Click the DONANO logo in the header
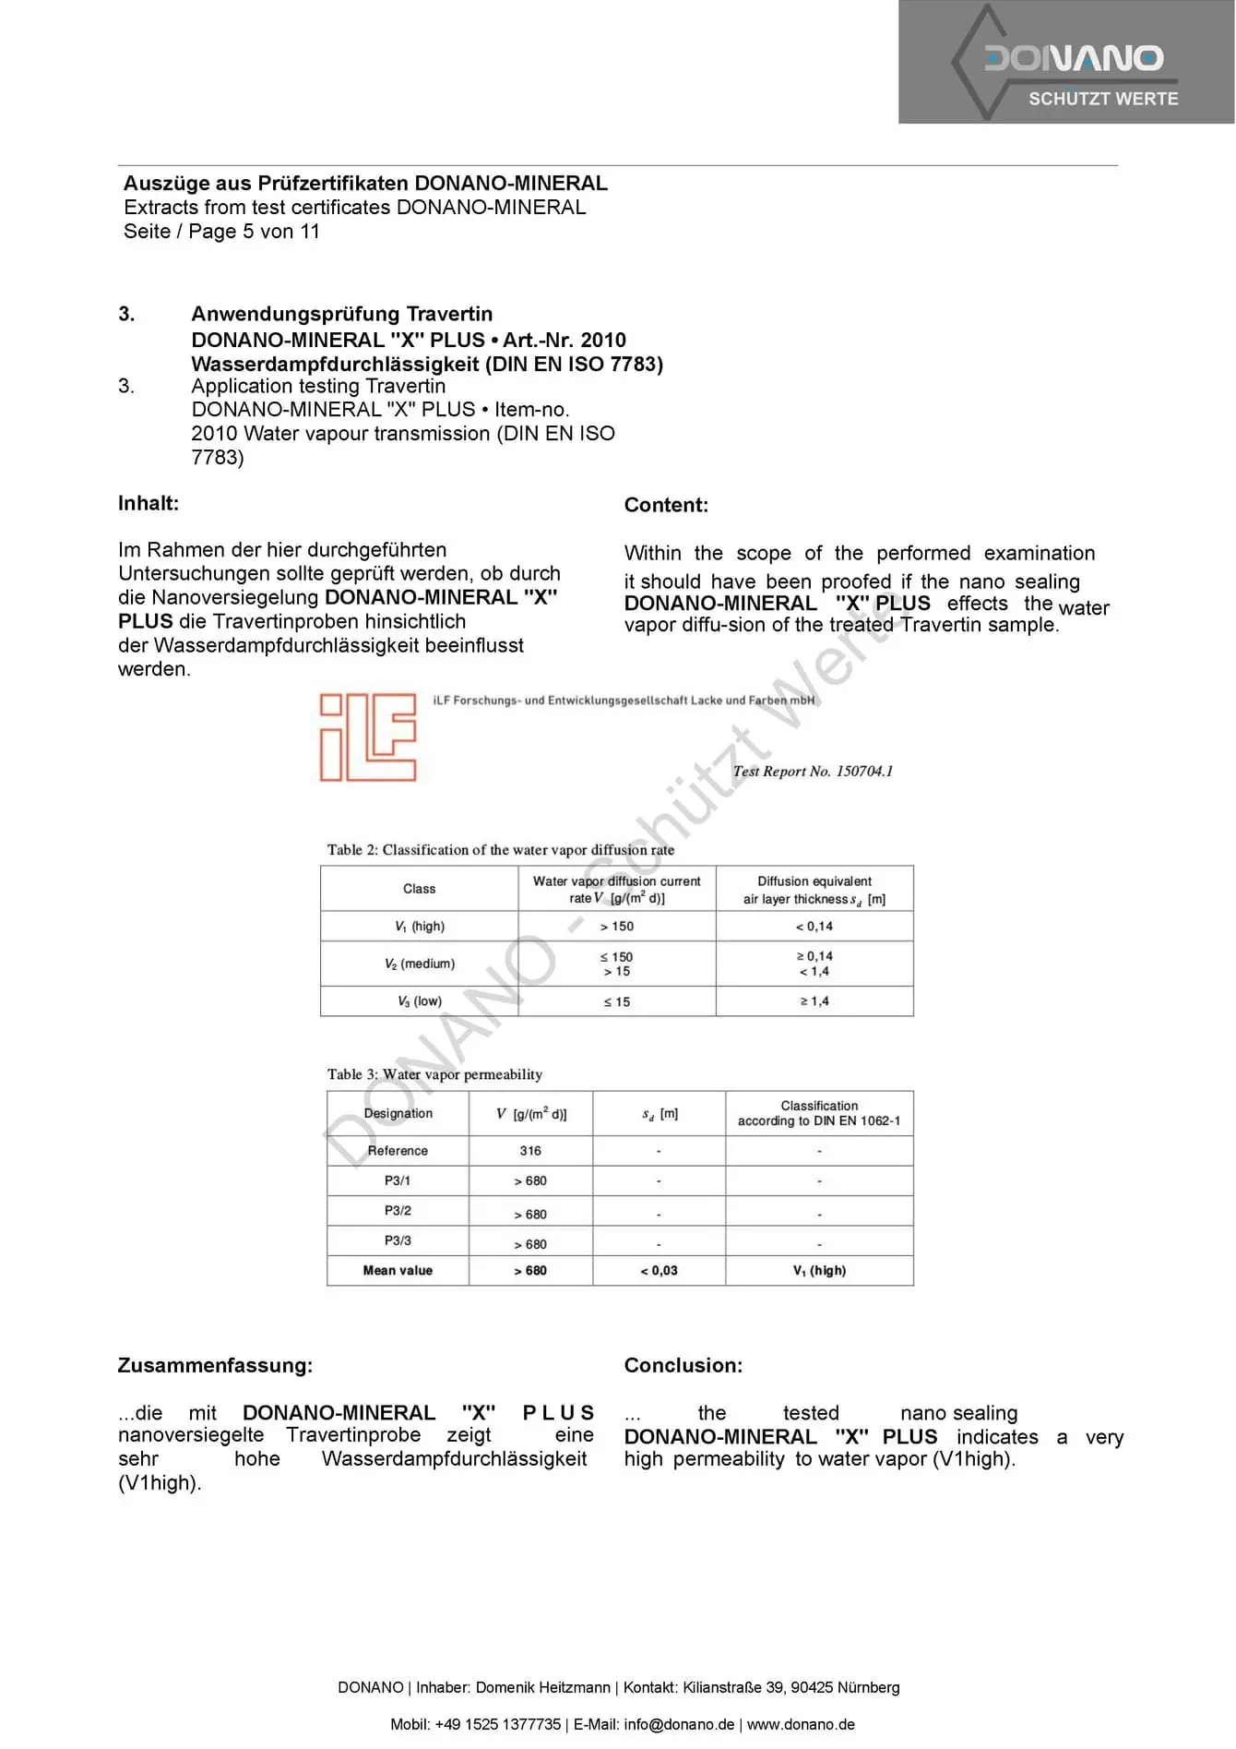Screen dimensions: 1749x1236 [1067, 63]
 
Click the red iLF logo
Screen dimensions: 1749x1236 [367, 737]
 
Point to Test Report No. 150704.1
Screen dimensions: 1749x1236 [813, 772]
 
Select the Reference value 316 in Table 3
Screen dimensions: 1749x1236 [530, 1151]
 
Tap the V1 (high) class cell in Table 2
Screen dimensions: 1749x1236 [420, 927]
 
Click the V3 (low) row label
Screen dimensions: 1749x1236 [420, 1001]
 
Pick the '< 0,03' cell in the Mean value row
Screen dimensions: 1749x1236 [659, 1271]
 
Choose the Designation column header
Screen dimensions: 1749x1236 [398, 1114]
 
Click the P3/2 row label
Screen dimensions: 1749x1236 [398, 1211]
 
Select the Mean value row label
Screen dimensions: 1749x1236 [398, 1271]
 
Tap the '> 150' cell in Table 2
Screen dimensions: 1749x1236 [617, 927]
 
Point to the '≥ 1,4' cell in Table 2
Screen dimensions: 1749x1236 [814, 1001]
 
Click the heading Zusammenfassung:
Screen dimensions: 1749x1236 [215, 1366]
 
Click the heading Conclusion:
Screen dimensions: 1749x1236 [683, 1366]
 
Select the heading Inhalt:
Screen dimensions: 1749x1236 [149, 504]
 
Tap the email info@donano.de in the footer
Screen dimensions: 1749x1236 [679, 1725]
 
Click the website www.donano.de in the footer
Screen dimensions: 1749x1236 [801, 1725]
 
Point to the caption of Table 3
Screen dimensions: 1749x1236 [434, 1075]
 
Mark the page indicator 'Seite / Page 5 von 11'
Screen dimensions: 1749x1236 [221, 232]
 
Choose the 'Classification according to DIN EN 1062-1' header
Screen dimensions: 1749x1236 [819, 1114]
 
